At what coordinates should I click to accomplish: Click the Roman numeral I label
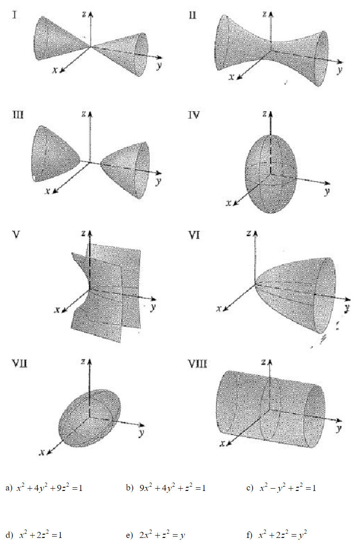(15, 15)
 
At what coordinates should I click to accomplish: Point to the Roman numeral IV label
(195, 114)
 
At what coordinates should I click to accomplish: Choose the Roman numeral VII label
(19, 364)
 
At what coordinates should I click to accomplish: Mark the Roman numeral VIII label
(197, 364)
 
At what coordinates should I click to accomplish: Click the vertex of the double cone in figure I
(91, 46)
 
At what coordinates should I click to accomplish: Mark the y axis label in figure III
(158, 181)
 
